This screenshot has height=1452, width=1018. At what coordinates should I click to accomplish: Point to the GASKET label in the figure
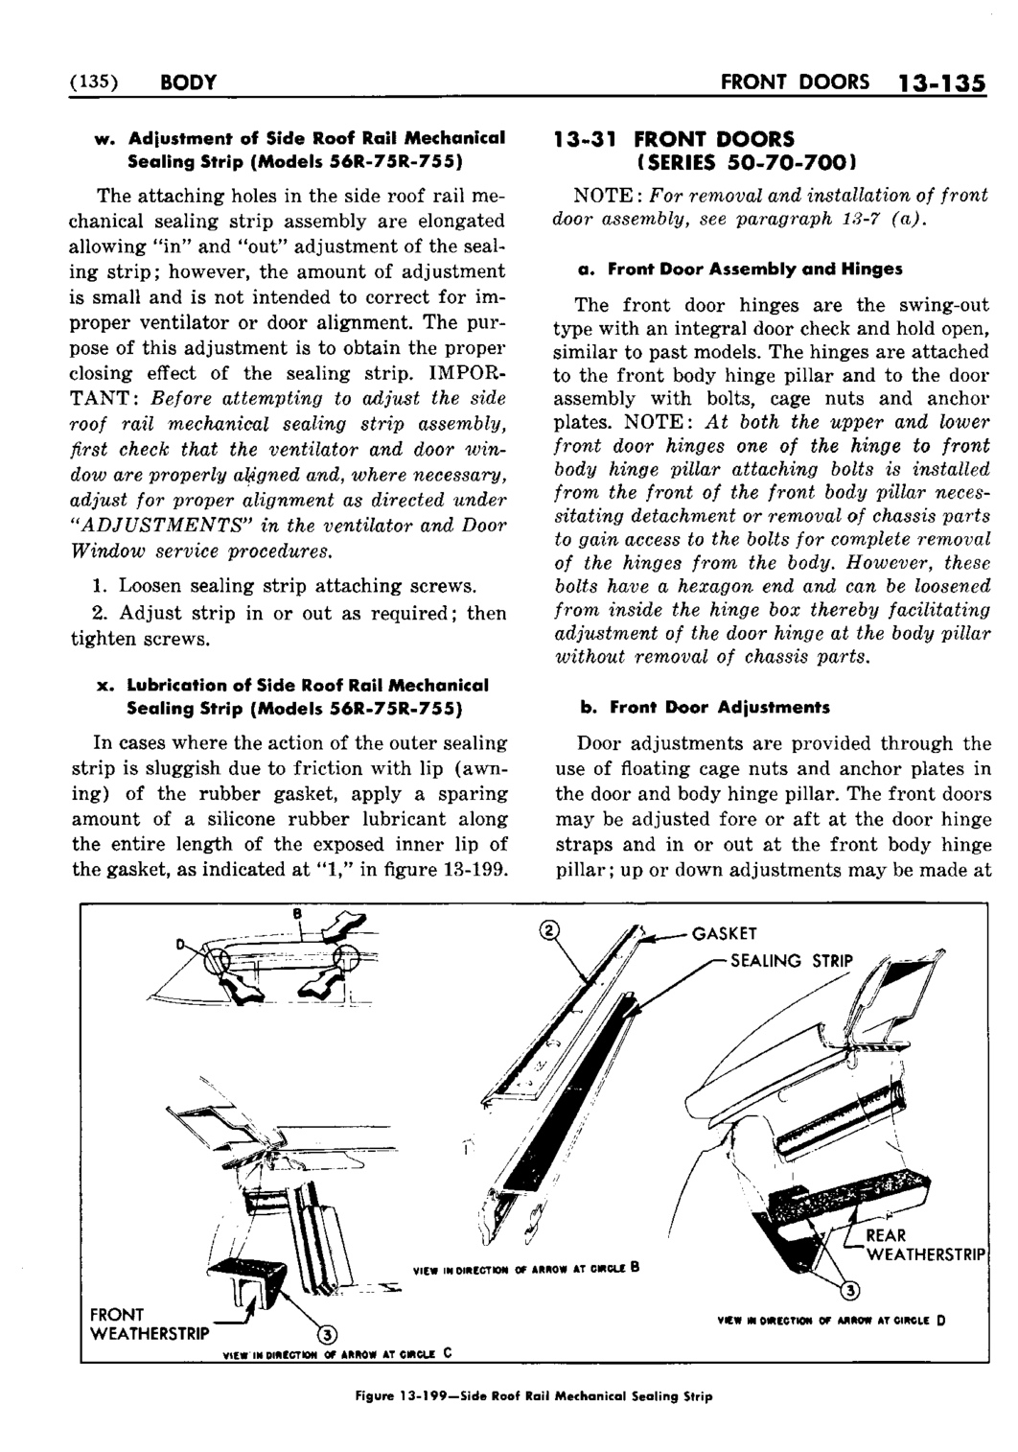tap(725, 933)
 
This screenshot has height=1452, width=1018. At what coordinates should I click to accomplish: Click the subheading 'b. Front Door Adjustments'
tap(704, 707)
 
